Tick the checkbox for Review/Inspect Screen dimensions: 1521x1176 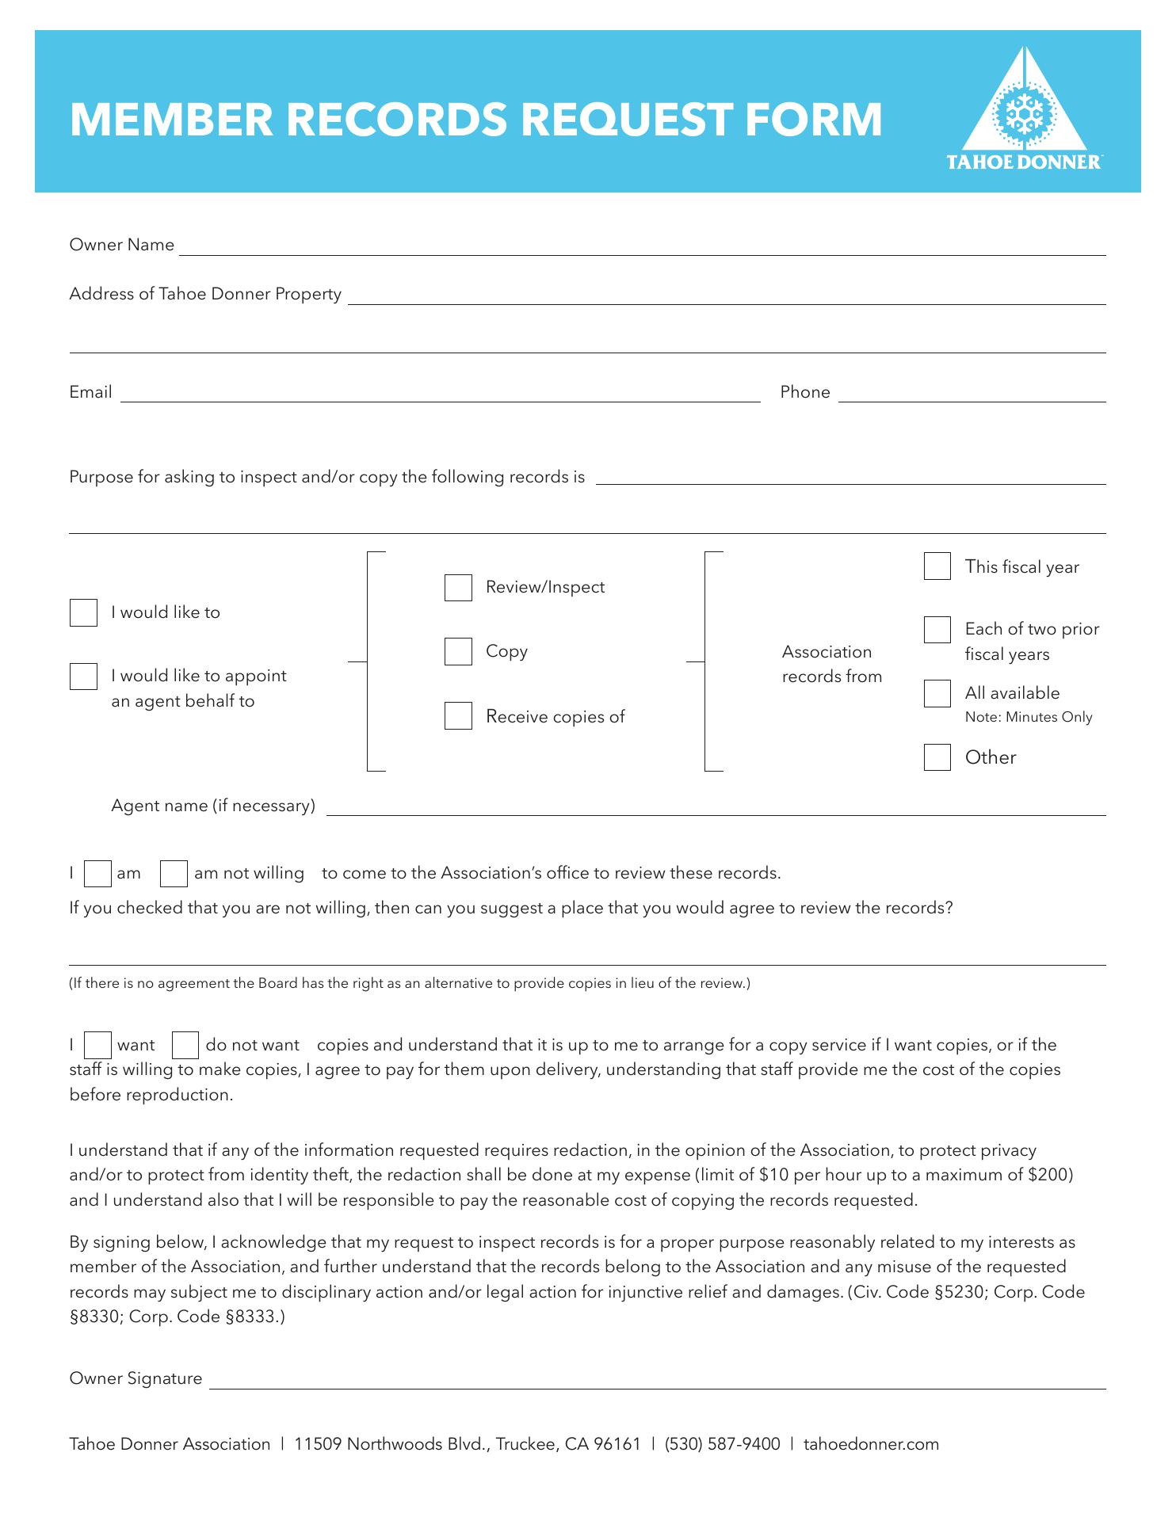coord(458,588)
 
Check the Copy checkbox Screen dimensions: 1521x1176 coord(458,652)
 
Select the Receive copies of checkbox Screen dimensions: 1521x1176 coord(458,716)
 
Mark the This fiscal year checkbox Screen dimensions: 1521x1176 coord(937,566)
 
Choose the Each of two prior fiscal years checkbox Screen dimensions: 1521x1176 coord(937,630)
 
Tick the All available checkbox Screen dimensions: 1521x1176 coord(937,693)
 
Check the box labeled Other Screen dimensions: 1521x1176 coord(937,757)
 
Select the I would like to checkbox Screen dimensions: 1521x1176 coord(83,612)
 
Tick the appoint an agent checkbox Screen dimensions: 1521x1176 coord(83,677)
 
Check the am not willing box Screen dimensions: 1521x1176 coord(174,874)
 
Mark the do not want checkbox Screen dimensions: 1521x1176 coord(185,1046)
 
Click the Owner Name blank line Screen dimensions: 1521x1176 coord(642,247)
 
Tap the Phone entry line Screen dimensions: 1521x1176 coord(972,394)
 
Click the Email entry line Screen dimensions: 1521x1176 coord(440,394)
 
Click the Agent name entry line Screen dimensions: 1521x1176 coord(716,806)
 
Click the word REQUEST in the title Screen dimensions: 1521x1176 coord(626,120)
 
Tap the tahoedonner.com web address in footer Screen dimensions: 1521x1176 coord(871,1444)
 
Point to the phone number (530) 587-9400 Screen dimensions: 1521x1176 coord(722,1444)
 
